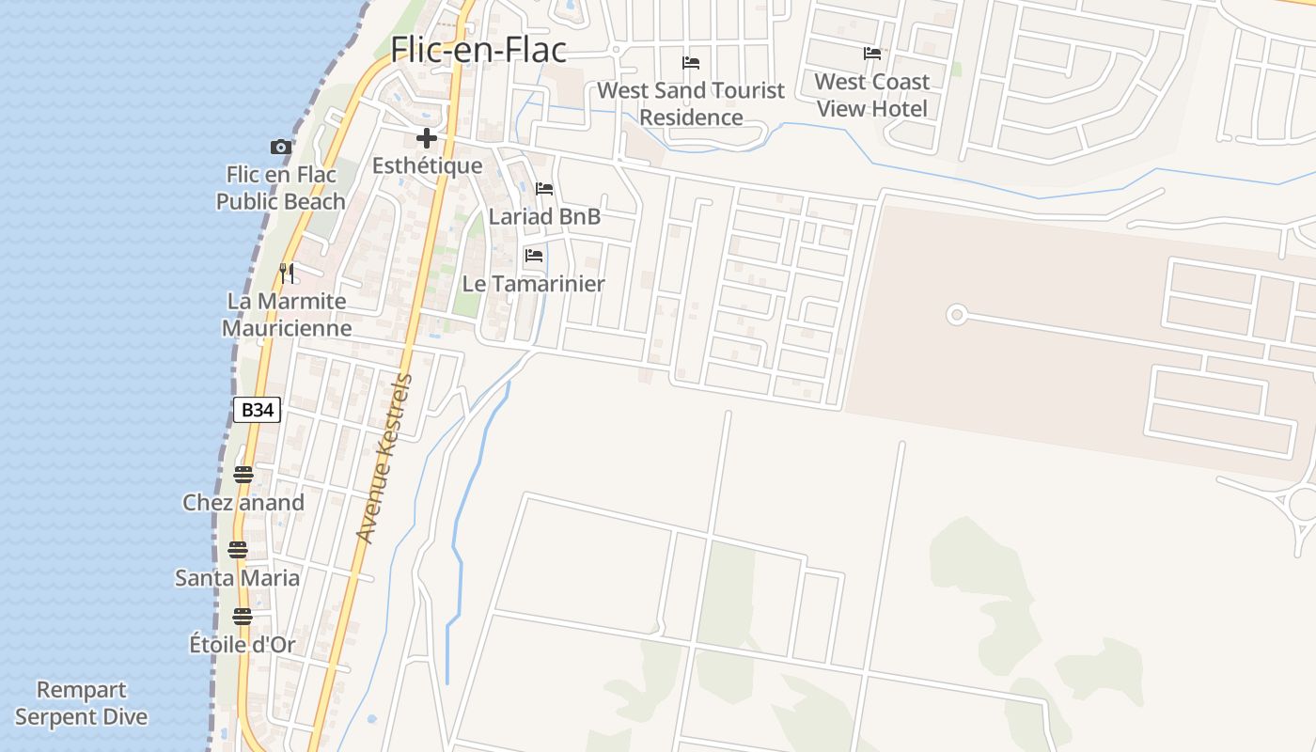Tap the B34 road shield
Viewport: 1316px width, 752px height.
tap(257, 410)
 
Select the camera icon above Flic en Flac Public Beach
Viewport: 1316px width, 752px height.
tap(280, 147)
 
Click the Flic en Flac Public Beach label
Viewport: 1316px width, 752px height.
tap(281, 188)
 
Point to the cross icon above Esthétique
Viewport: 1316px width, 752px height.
tap(427, 139)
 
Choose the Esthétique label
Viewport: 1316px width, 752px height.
tap(427, 166)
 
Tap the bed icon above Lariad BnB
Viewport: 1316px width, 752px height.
tap(544, 189)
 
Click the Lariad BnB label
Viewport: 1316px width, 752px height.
tap(544, 217)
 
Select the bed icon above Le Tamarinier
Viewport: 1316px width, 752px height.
tap(534, 256)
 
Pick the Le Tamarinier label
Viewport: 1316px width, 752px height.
tap(533, 284)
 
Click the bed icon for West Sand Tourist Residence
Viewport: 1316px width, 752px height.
tap(691, 63)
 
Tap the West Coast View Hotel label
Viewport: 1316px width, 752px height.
tap(872, 95)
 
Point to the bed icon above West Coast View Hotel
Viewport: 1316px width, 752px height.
tap(872, 54)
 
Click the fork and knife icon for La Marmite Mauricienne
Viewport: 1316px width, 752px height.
tap(287, 274)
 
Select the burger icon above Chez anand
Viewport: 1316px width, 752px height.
tap(243, 475)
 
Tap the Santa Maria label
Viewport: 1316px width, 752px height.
tap(238, 578)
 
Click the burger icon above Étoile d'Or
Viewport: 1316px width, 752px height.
tap(243, 617)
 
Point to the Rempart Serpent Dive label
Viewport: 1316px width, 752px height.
tap(82, 703)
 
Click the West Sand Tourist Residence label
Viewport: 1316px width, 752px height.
tap(691, 103)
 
